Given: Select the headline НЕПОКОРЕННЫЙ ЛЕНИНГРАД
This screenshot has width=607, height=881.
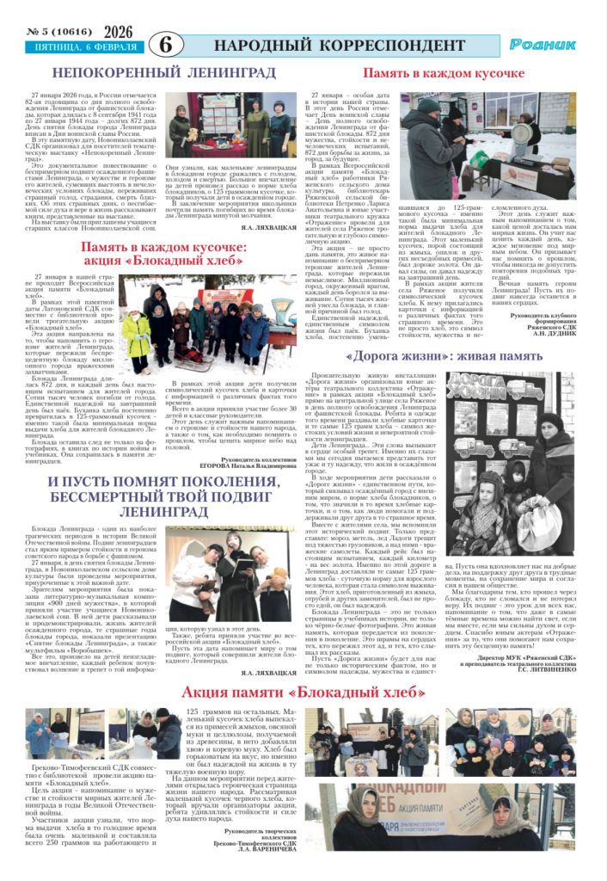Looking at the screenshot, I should point(151,74).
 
